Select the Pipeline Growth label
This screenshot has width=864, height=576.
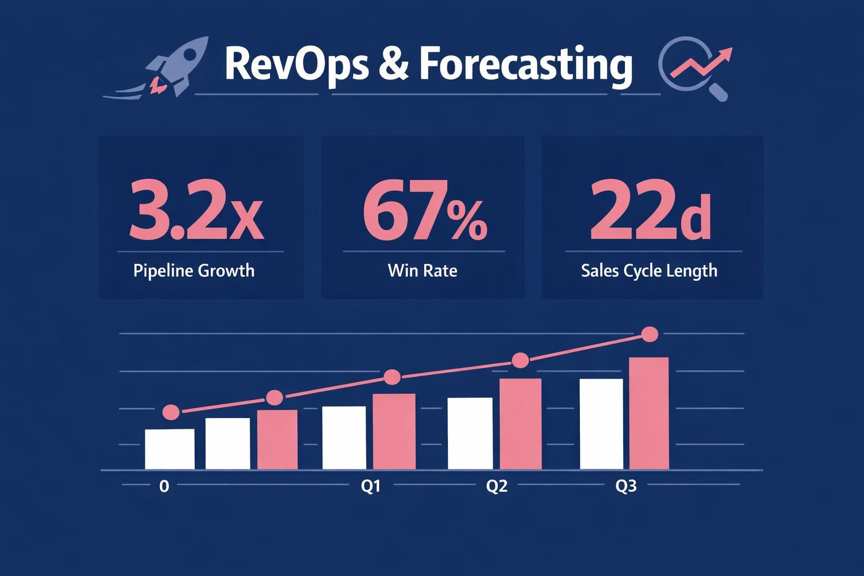tap(194, 271)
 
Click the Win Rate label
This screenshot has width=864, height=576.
tap(422, 271)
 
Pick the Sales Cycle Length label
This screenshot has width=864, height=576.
tap(649, 271)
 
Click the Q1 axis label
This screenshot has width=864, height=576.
tap(370, 486)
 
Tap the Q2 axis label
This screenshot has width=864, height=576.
tap(497, 486)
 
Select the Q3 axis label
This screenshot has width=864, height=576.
tap(626, 486)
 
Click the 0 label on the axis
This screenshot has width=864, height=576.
tap(164, 486)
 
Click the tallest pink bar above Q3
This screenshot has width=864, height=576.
tap(649, 413)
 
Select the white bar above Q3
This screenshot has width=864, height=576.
tap(601, 424)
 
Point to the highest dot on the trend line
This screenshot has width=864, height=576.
tap(650, 334)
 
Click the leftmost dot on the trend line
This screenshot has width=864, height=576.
tap(171, 412)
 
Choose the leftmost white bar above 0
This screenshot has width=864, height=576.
tap(169, 449)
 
